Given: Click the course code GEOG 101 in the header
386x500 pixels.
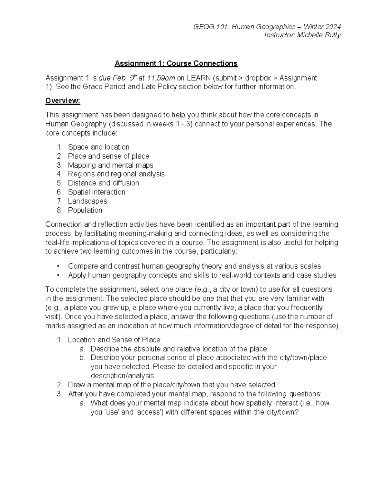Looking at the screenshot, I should pos(209,26).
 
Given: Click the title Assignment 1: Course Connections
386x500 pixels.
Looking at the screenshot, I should pos(176,63).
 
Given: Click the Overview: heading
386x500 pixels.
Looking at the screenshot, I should pos(63,101).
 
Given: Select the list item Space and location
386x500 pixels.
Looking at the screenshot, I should pos(98,147).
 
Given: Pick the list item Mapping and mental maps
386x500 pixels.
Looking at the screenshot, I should pos(110,165).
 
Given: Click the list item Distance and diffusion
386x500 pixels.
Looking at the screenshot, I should pos(103,183).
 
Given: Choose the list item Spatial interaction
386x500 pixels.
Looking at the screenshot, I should pos(96,192).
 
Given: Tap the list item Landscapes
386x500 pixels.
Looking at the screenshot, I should pos(87,201).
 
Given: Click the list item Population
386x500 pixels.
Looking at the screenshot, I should pos(85,210).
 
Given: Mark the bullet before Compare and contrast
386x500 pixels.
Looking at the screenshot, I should pos(58,266).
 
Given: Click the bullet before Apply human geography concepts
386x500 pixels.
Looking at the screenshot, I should pos(58,275).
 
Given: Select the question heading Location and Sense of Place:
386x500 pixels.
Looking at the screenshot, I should pos(115,340).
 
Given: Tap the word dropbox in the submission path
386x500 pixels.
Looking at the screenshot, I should pos(258,78).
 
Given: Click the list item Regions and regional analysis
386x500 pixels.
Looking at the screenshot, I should pos(116,174).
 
